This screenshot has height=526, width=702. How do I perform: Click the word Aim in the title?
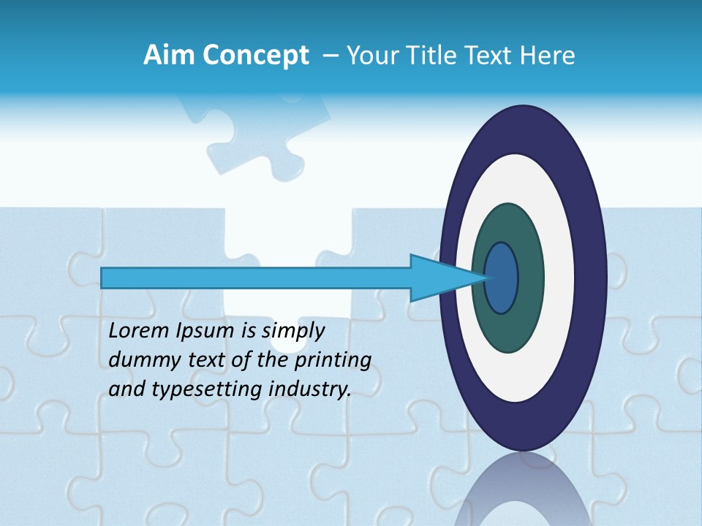pos(170,56)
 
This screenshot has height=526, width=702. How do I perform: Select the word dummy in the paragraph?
pos(140,360)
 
